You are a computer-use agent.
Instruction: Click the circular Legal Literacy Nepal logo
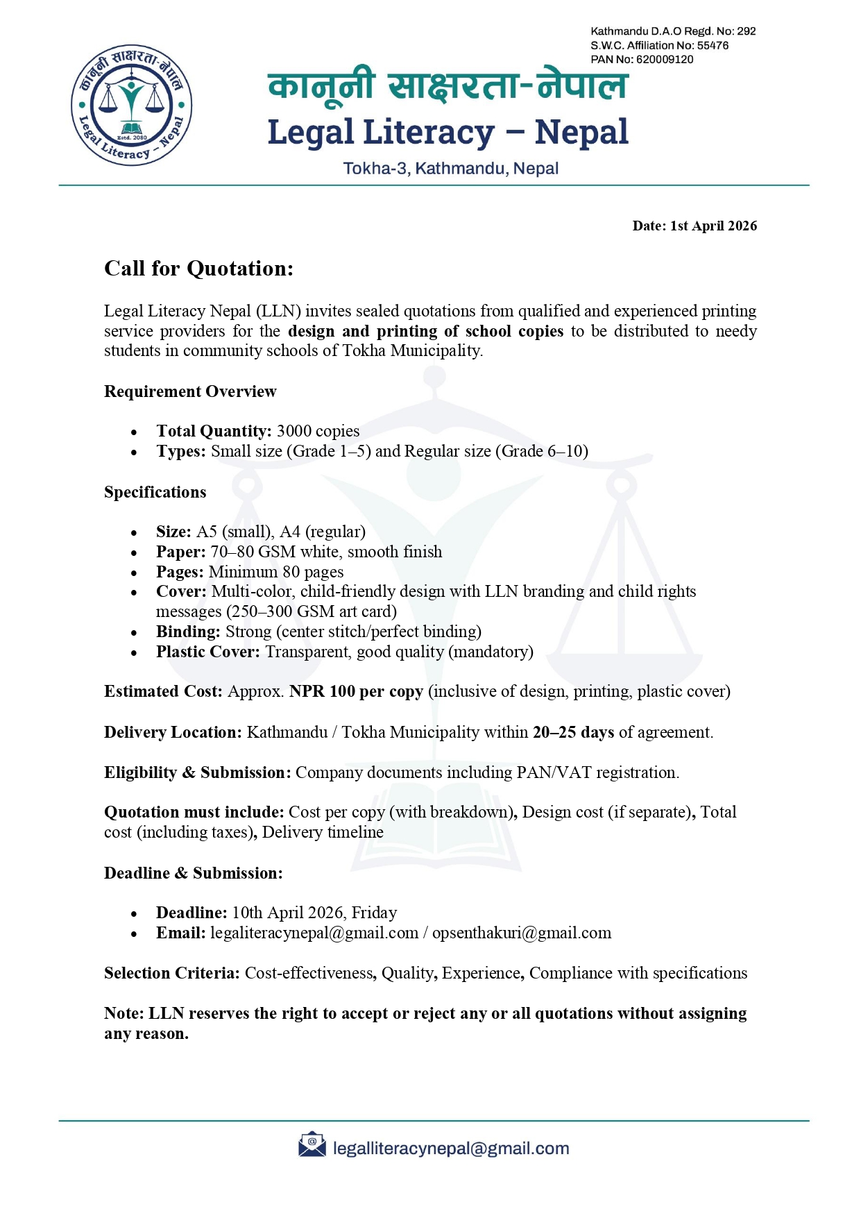pyautogui.click(x=131, y=105)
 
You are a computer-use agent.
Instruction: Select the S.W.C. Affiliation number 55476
pyautogui.click(x=713, y=46)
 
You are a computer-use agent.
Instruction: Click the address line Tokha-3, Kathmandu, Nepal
pyautogui.click(x=451, y=169)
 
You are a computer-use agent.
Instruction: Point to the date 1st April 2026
pyautogui.click(x=713, y=226)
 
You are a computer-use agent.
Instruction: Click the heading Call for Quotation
pyautogui.click(x=198, y=269)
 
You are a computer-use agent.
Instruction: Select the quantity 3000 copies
pyautogui.click(x=318, y=431)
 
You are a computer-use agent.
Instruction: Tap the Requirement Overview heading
pyautogui.click(x=190, y=391)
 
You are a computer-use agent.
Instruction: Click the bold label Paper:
pyautogui.click(x=180, y=552)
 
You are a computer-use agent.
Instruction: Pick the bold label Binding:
pyautogui.click(x=188, y=632)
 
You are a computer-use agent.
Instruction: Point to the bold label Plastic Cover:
pyautogui.click(x=207, y=652)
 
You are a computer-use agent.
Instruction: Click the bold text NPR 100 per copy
pyautogui.click(x=356, y=691)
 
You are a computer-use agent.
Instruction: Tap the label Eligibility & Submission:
pyautogui.click(x=197, y=772)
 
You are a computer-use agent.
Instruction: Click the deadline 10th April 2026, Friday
pyautogui.click(x=314, y=913)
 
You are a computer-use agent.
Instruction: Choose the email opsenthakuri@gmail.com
pyautogui.click(x=522, y=933)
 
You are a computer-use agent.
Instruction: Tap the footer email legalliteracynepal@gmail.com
pyautogui.click(x=451, y=1149)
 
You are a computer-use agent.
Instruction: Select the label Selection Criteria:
pyautogui.click(x=171, y=973)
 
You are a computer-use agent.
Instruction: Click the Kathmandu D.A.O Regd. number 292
pyautogui.click(x=746, y=31)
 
